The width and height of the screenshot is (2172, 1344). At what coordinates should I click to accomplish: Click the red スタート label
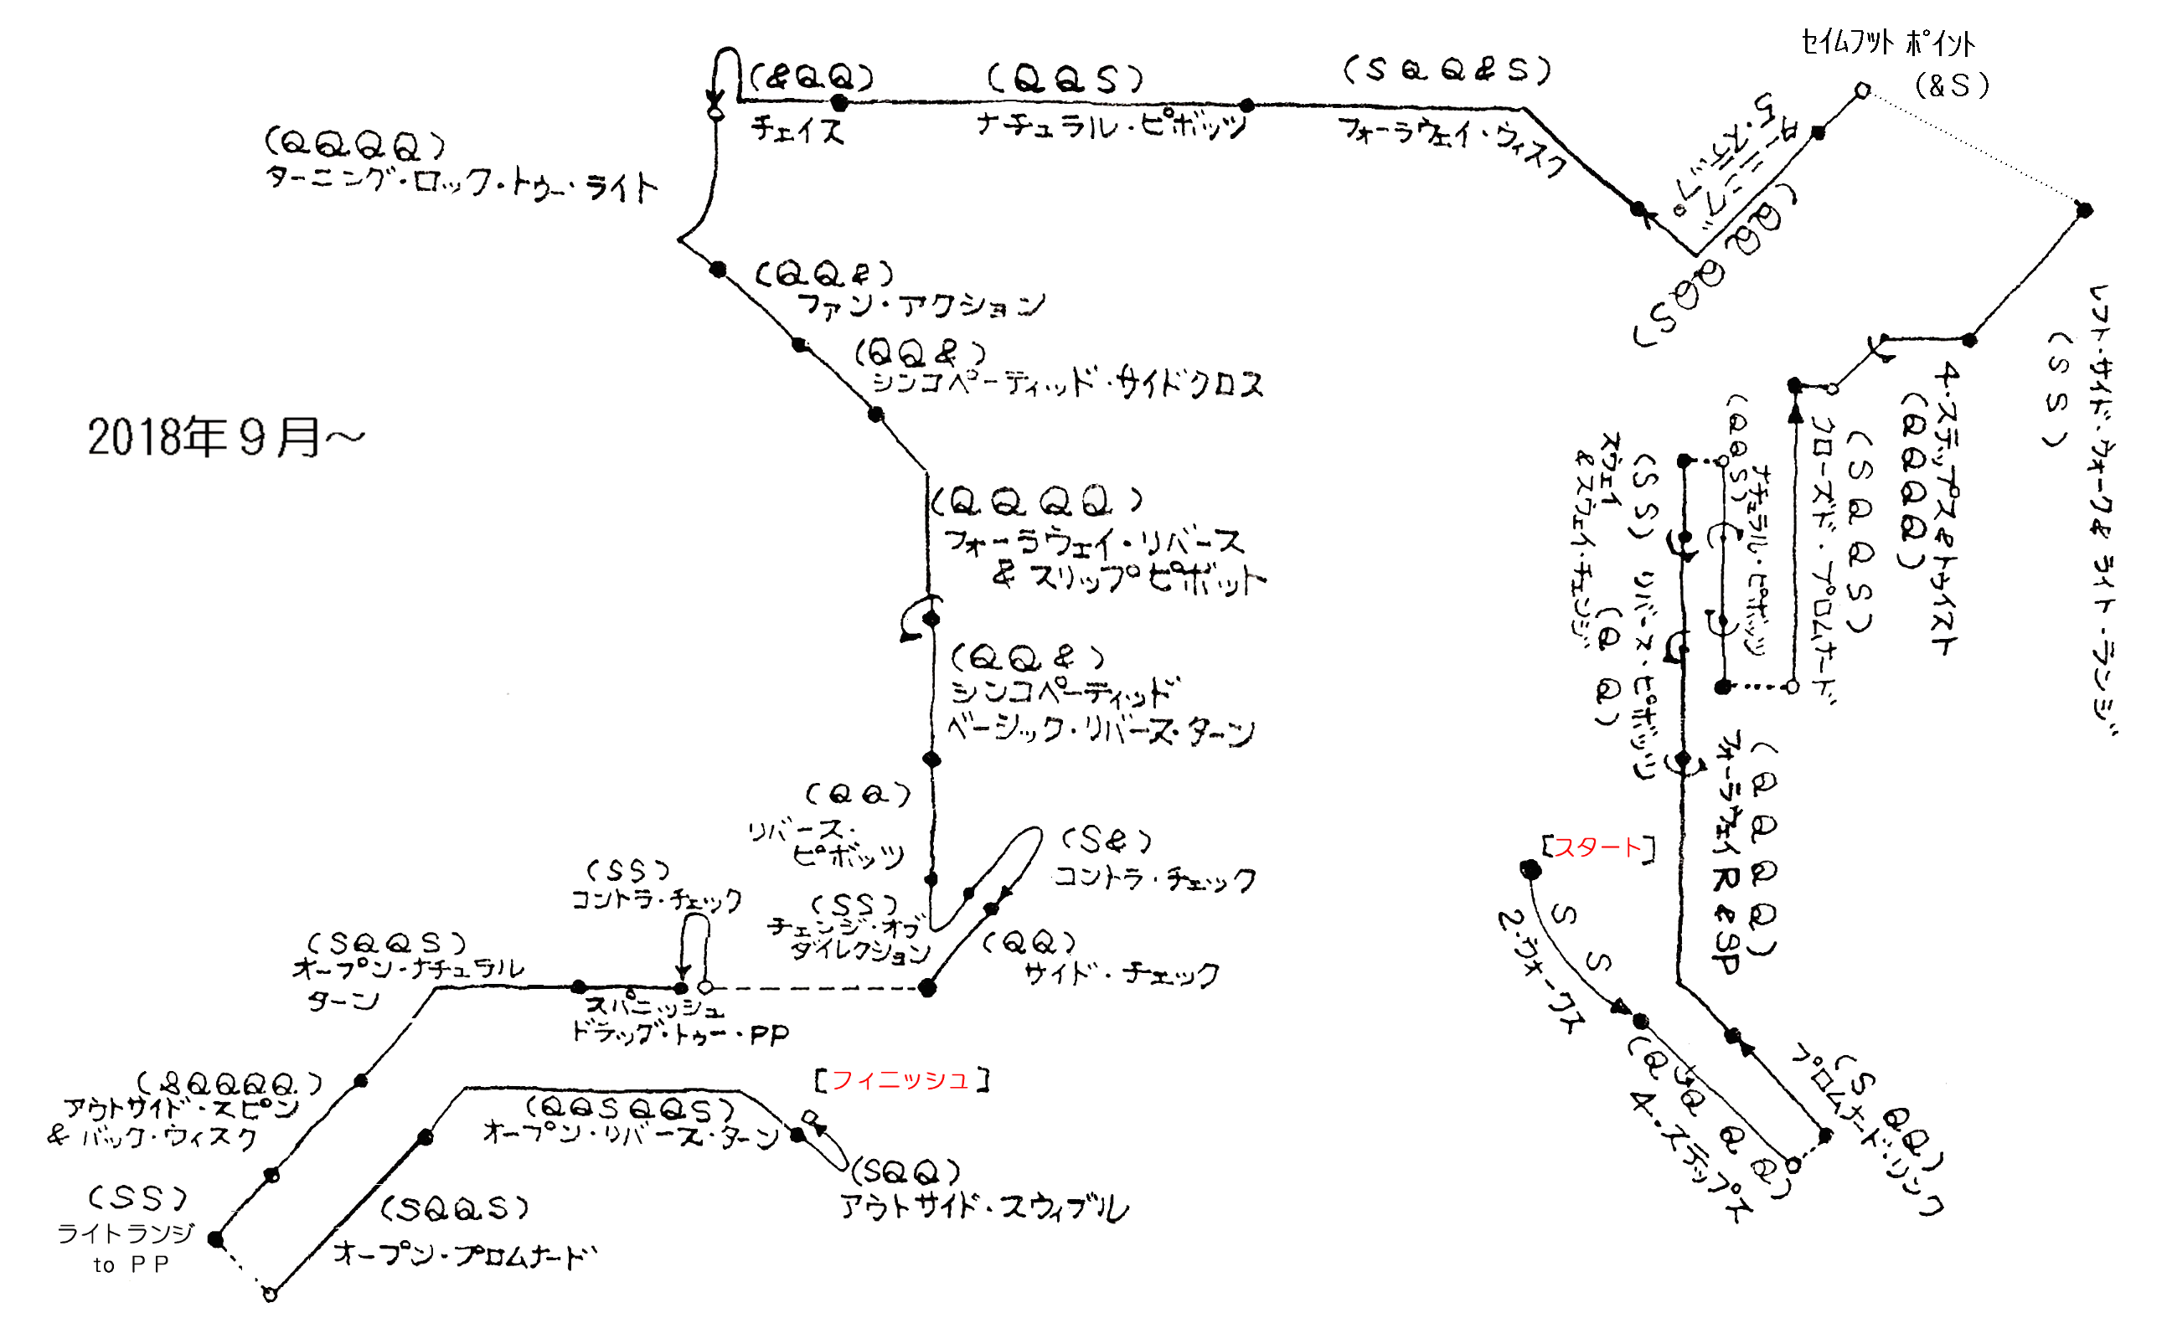[x=1597, y=847]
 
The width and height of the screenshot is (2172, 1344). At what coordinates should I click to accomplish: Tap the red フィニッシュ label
[x=900, y=1080]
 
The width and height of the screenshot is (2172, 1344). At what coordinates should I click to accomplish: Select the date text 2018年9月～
[x=226, y=437]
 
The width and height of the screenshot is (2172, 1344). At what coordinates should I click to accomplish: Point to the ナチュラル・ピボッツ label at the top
[x=1111, y=124]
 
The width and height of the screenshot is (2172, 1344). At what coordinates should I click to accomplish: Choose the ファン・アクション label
[x=921, y=305]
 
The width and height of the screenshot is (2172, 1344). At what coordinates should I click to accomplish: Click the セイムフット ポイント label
[x=1887, y=43]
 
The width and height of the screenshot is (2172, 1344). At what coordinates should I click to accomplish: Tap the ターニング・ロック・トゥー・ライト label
[x=462, y=183]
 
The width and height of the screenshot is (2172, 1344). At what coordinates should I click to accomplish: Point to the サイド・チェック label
[x=1121, y=974]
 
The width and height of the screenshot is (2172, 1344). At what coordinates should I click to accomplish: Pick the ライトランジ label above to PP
[x=126, y=1233]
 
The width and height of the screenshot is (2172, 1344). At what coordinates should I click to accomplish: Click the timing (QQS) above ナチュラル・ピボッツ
[x=1065, y=80]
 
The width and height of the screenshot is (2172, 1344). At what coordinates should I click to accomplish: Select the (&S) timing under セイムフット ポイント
[x=1952, y=85]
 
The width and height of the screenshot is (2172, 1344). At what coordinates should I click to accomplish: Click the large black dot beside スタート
[x=1530, y=869]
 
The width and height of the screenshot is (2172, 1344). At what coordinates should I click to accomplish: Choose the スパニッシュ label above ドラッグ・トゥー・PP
[x=653, y=1007]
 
